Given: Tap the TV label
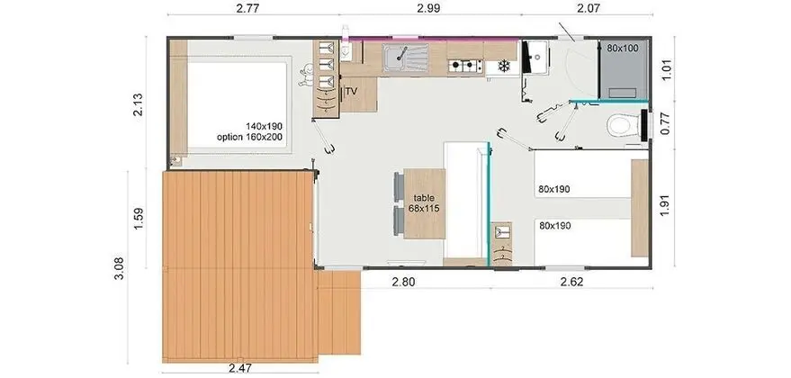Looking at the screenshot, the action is pyautogui.click(x=352, y=91).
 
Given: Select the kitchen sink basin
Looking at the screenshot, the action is pyautogui.click(x=405, y=58).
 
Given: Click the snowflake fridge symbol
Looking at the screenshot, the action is pyautogui.click(x=503, y=66).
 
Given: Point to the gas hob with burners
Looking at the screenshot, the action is pyautogui.click(x=465, y=66).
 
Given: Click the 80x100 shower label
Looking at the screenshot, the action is pyautogui.click(x=623, y=49).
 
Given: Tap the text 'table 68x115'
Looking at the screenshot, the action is pyautogui.click(x=424, y=202).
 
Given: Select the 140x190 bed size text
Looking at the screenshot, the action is pyautogui.click(x=264, y=126).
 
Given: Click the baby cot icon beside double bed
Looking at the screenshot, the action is pyautogui.click(x=305, y=76).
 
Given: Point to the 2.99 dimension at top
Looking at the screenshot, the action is pyautogui.click(x=428, y=8).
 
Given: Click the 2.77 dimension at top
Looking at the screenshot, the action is pyautogui.click(x=247, y=8).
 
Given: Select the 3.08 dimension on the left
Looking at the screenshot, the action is pyautogui.click(x=120, y=268).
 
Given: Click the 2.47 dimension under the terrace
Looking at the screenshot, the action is pyautogui.click(x=239, y=368).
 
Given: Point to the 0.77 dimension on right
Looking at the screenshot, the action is pyautogui.click(x=666, y=124).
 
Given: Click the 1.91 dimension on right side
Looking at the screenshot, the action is pyautogui.click(x=666, y=207).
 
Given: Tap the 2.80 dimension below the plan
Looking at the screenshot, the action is pyautogui.click(x=403, y=282).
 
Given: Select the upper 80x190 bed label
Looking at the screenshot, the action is pyautogui.click(x=554, y=189).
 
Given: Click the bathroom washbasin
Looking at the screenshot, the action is pyautogui.click(x=536, y=57).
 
